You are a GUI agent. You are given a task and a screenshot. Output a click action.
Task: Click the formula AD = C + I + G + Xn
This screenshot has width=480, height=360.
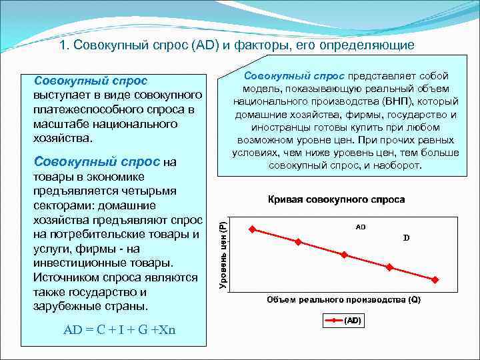click(x=119, y=330)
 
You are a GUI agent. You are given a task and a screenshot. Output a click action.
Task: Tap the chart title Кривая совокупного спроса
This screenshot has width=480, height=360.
click(x=336, y=199)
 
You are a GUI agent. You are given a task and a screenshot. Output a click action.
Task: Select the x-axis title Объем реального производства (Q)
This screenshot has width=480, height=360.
click(x=344, y=300)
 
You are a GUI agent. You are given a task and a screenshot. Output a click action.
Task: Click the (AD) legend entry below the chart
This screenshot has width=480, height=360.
click(x=343, y=321)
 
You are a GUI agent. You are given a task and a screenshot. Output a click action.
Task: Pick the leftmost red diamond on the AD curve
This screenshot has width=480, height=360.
click(x=252, y=229)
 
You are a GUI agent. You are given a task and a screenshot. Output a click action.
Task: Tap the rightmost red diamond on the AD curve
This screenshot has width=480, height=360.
click(x=435, y=280)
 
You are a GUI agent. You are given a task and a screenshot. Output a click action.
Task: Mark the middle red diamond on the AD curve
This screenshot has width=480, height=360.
click(x=344, y=255)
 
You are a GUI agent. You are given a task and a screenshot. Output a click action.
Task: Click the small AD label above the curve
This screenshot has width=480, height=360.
click(x=360, y=227)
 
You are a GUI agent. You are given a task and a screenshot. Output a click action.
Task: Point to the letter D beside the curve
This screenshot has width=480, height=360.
click(x=406, y=237)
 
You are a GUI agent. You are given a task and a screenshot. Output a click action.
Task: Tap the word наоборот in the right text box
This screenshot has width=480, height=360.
click(x=397, y=165)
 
